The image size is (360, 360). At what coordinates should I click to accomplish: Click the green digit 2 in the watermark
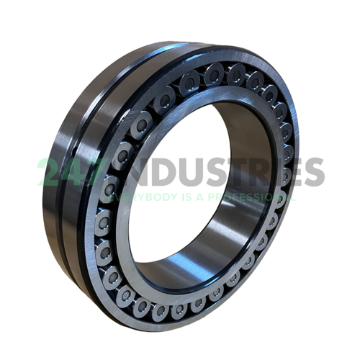[50, 172]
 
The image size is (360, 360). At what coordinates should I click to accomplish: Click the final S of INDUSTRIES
[314, 172]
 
